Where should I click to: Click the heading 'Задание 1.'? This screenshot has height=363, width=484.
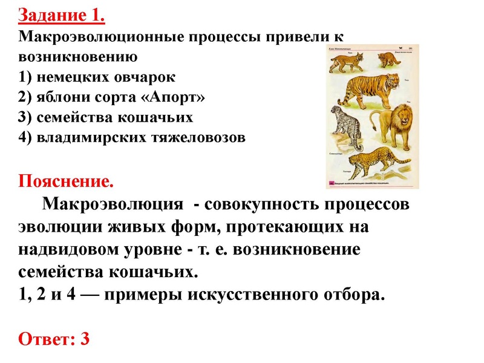click(x=62, y=15)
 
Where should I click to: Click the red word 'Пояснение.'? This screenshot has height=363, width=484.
click(x=66, y=181)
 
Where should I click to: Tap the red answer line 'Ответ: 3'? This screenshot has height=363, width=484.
click(x=54, y=339)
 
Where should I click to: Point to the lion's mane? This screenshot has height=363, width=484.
click(x=401, y=118)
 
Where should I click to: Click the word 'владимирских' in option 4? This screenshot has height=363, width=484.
click(x=78, y=137)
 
